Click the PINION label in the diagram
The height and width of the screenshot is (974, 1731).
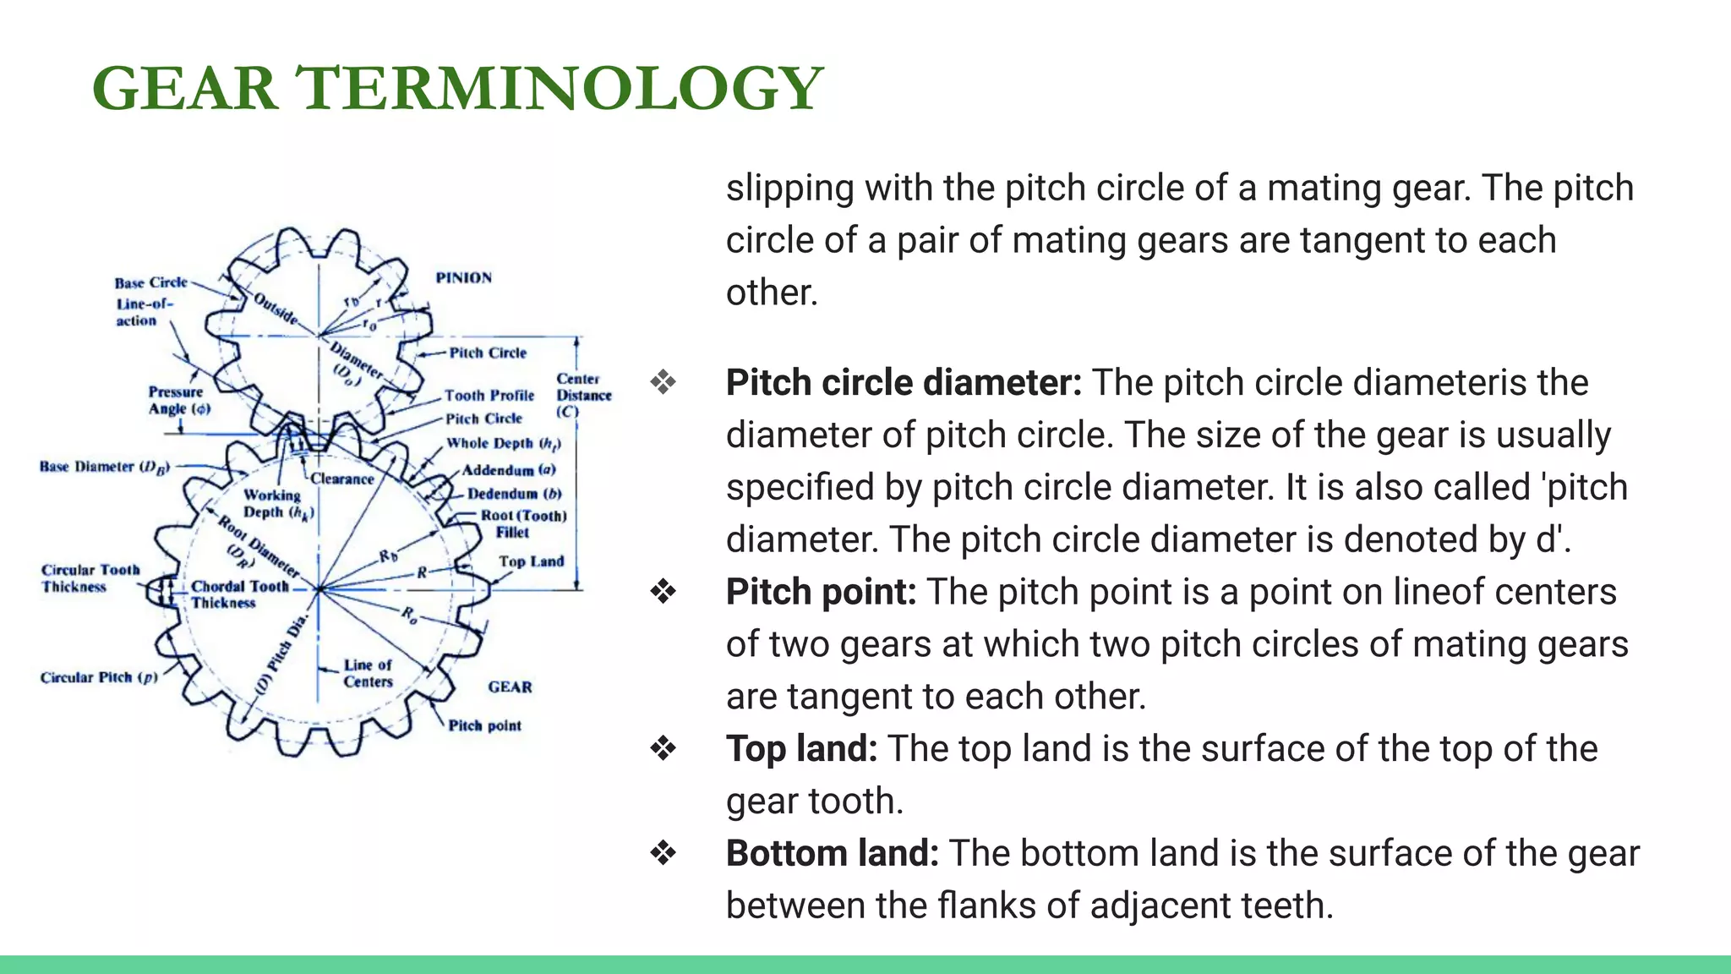coord(463,278)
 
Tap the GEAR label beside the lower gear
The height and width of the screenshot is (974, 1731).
coord(510,687)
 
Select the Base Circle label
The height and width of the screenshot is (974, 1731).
coord(150,282)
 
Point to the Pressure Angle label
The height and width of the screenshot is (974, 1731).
coord(178,400)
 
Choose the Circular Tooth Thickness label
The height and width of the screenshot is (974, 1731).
coord(90,578)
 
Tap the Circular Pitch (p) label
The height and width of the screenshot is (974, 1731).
coord(99,677)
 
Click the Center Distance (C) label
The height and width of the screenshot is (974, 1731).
coord(583,395)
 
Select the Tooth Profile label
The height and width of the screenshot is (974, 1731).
coord(489,395)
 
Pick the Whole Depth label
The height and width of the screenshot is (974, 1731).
coord(503,443)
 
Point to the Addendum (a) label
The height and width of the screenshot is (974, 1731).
coord(509,470)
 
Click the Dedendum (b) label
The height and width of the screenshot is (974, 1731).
coord(514,494)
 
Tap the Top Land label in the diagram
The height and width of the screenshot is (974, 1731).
coord(531,561)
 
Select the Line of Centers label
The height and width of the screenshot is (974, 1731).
coord(368,673)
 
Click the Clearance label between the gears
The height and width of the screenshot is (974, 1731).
coord(341,479)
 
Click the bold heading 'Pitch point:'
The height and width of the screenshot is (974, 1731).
coord(821,592)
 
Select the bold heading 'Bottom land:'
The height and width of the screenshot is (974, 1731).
coord(832,853)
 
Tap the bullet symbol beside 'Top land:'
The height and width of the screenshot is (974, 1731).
coord(663,749)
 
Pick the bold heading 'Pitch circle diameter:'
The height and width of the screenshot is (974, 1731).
coord(904,382)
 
